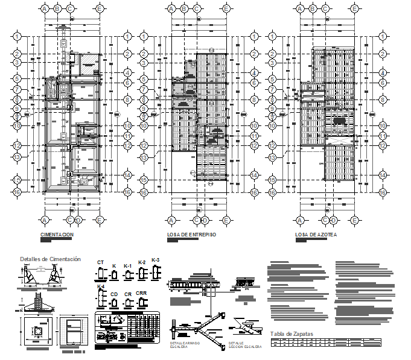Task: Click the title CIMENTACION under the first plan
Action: click(57, 235)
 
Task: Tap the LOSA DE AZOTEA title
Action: click(316, 235)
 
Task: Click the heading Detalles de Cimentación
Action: click(50, 259)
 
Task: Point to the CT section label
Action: click(101, 262)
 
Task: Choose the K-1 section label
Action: click(127, 265)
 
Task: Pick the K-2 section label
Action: click(142, 262)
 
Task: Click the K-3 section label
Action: click(156, 260)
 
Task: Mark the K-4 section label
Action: click(101, 286)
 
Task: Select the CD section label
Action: click(114, 294)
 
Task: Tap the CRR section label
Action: click(141, 293)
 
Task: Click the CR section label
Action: click(128, 294)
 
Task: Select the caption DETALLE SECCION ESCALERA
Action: click(244, 345)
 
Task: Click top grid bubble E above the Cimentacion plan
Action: click(99, 8)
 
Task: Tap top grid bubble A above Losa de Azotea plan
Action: click(299, 8)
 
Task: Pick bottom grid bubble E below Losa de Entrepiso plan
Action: click(226, 219)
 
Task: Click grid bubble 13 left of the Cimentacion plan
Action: click(18, 157)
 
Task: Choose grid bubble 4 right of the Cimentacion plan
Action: click(128, 72)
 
